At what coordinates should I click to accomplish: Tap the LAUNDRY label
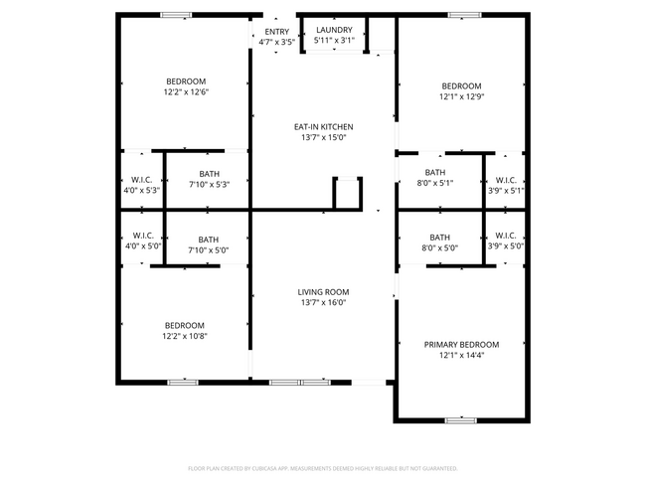coord(333,30)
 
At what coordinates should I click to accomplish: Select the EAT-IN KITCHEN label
coord(323,126)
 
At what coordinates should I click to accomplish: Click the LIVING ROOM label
coord(323,291)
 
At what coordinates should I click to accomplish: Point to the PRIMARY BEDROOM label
coord(461,344)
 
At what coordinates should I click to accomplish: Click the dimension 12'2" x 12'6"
coord(186,91)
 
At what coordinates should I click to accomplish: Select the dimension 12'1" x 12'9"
coord(461,96)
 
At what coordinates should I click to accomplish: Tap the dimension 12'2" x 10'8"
coord(185,336)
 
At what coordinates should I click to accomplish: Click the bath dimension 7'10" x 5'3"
coord(209,184)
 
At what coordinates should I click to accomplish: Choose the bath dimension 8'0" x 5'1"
coord(435,183)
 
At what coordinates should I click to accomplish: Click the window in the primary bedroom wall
coord(461,419)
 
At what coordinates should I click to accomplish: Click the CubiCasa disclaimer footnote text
coord(323,467)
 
